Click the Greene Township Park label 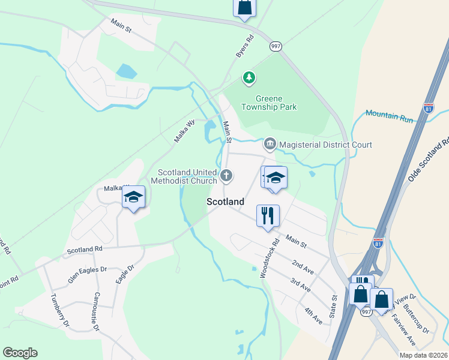pos(268,102)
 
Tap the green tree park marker pos(249,77)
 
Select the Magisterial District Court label pos(325,145)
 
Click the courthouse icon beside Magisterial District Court pos(270,145)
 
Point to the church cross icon pos(226,175)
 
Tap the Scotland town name pos(225,202)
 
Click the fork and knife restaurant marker pos(268,214)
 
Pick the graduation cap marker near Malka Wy pos(133,197)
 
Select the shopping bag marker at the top pos(244,7)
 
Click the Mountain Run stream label pos(390,116)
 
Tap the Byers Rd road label pos(245,46)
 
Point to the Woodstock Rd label pos(270,259)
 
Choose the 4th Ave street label pos(313,316)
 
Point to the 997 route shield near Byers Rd pos(276,46)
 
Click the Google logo pos(20,353)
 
